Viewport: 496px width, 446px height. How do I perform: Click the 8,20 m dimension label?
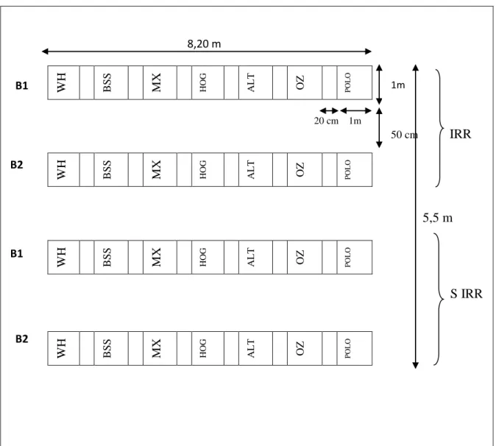coord(204,43)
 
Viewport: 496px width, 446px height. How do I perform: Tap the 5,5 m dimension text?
coord(437,218)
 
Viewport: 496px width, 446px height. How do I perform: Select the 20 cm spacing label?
coord(326,121)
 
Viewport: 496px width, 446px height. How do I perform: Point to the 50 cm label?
coord(404,135)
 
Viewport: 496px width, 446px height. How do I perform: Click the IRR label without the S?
coord(460,134)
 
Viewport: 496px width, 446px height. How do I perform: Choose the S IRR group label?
coord(467,294)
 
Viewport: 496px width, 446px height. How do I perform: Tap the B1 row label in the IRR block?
coord(22,85)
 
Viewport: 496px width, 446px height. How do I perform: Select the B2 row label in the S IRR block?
coord(22,339)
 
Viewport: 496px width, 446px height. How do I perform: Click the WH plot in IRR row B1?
coord(63,82)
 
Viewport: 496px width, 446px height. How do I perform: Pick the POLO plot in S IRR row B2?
coord(355,348)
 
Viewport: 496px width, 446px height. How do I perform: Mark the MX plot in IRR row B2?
coord(160,169)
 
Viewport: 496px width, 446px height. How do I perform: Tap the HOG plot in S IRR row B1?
coord(208,257)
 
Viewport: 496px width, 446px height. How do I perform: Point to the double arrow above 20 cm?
coord(329,110)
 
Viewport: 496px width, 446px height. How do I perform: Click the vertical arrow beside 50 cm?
coord(379,128)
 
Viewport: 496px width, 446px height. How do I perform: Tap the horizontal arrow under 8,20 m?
coord(207,52)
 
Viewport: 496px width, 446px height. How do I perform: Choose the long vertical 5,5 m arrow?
coord(416,216)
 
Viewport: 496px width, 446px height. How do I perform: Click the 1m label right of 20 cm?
coord(355,121)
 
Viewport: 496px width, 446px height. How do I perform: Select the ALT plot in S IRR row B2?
coord(255,348)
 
